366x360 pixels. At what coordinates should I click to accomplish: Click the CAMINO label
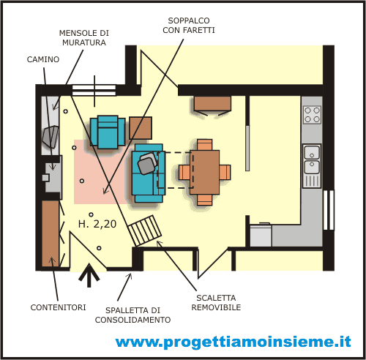pyautogui.click(x=43, y=59)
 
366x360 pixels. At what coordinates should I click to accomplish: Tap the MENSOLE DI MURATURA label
pyautogui.click(x=84, y=38)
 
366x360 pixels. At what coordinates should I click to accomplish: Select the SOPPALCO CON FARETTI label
pyautogui.click(x=189, y=26)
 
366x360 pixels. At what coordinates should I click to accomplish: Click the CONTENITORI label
pyautogui.click(x=58, y=307)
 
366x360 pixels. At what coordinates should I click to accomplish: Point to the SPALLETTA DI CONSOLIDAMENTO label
pyautogui.click(x=132, y=315)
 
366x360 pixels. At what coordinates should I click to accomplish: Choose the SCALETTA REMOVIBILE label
pyautogui.click(x=216, y=302)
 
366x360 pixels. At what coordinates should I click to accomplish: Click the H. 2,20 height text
pyautogui.click(x=97, y=224)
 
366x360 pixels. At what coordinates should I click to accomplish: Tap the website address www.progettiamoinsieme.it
pyautogui.click(x=233, y=342)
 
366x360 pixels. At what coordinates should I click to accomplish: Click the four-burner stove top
pyautogui.click(x=312, y=115)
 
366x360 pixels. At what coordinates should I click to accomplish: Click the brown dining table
pyautogui.click(x=205, y=172)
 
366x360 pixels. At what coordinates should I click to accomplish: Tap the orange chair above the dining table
pyautogui.click(x=205, y=145)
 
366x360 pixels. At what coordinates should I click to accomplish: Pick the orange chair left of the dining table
pyautogui.click(x=184, y=172)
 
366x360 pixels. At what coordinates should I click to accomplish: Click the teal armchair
pyautogui.click(x=108, y=132)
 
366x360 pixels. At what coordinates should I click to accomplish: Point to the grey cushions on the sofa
pyautogui.click(x=148, y=162)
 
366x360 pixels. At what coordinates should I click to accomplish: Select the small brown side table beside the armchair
pyautogui.click(x=141, y=128)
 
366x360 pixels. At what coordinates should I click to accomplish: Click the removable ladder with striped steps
pyautogui.click(x=145, y=230)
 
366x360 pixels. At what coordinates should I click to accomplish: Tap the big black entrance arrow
pyautogui.click(x=89, y=275)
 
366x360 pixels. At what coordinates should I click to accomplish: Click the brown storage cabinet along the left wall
pyautogui.click(x=51, y=233)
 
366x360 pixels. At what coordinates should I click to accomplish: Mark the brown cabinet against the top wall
pyautogui.click(x=212, y=103)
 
